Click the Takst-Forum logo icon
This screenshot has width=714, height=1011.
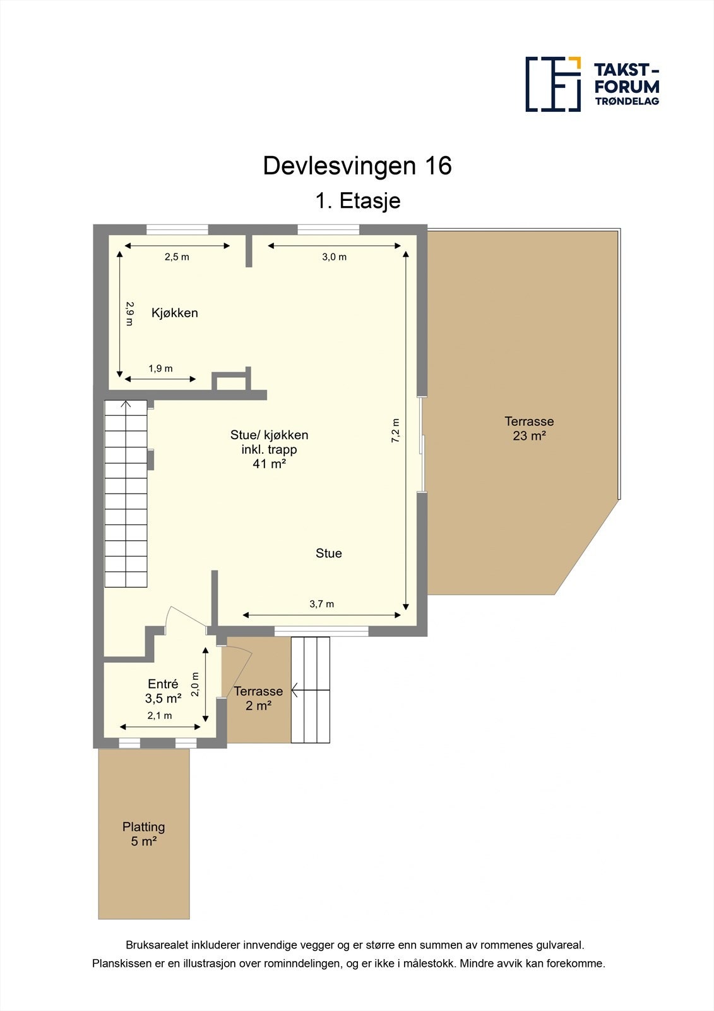[x=553, y=84]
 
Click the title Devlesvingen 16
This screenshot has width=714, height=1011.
[x=357, y=166]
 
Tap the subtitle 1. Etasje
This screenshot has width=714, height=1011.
[x=357, y=201]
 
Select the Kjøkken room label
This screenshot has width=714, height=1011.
[x=175, y=313]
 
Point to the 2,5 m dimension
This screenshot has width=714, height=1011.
[x=177, y=257]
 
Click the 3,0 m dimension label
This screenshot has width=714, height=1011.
[x=334, y=257]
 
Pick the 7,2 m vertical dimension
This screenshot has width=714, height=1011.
[x=396, y=430]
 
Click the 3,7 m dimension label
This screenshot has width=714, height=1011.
[x=321, y=604]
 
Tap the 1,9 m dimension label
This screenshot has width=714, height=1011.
[x=160, y=368]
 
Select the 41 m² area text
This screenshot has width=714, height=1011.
[x=270, y=464]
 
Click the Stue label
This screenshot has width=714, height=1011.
[x=329, y=554]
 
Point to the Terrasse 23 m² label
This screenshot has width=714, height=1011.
[x=529, y=428]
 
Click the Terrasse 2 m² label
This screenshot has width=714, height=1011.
[x=258, y=698]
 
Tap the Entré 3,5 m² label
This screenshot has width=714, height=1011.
[x=163, y=691]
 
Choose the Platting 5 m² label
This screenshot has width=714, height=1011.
[x=144, y=834]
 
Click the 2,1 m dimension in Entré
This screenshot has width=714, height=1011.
[x=160, y=716]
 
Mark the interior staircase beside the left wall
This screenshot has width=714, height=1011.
[x=126, y=493]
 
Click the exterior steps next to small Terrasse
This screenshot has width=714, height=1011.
[x=311, y=690]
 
